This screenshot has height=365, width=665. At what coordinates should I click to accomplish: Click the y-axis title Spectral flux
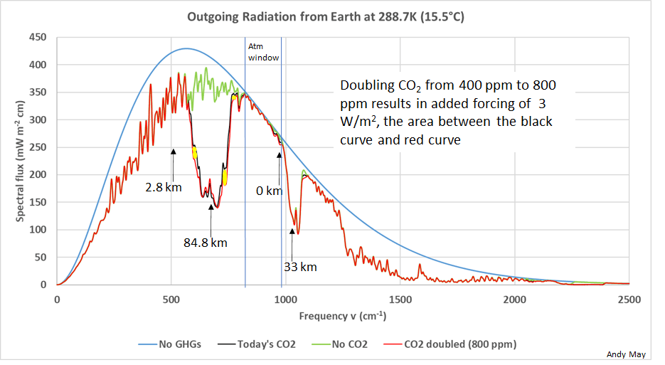pyautogui.click(x=21, y=161)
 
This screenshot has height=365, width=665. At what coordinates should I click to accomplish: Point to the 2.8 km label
pyautogui.click(x=165, y=187)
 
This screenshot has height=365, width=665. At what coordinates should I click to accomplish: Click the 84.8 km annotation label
pyautogui.click(x=206, y=243)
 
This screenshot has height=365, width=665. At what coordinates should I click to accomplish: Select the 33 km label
pyautogui.click(x=300, y=267)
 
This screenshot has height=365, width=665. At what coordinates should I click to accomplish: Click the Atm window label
pyautogui.click(x=262, y=52)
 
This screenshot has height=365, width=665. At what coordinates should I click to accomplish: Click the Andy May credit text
pyautogui.click(x=624, y=354)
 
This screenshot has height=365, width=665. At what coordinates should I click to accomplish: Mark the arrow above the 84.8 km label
pyautogui.click(x=211, y=214)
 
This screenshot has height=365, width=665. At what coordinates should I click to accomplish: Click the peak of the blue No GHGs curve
pyautogui.click(x=186, y=48)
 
